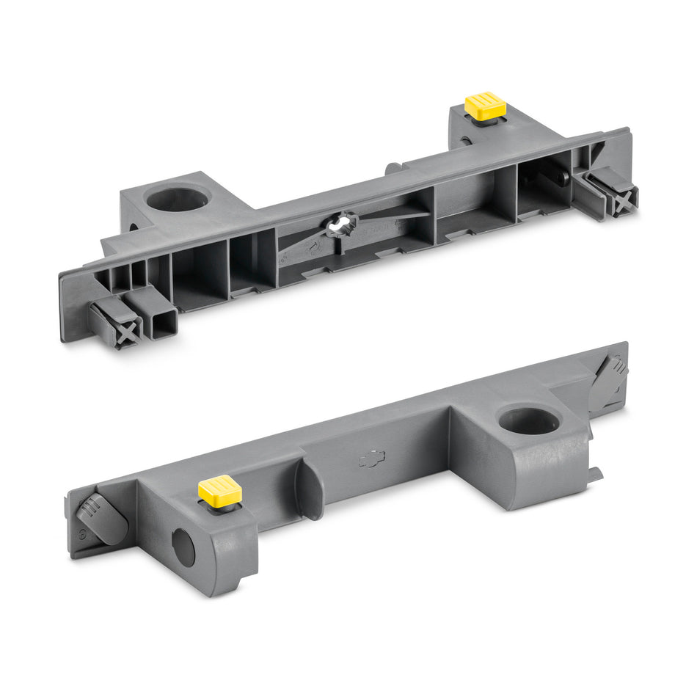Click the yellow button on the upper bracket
485,106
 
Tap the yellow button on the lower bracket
219,489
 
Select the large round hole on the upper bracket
177,199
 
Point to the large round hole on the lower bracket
529,420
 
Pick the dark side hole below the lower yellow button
183,547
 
